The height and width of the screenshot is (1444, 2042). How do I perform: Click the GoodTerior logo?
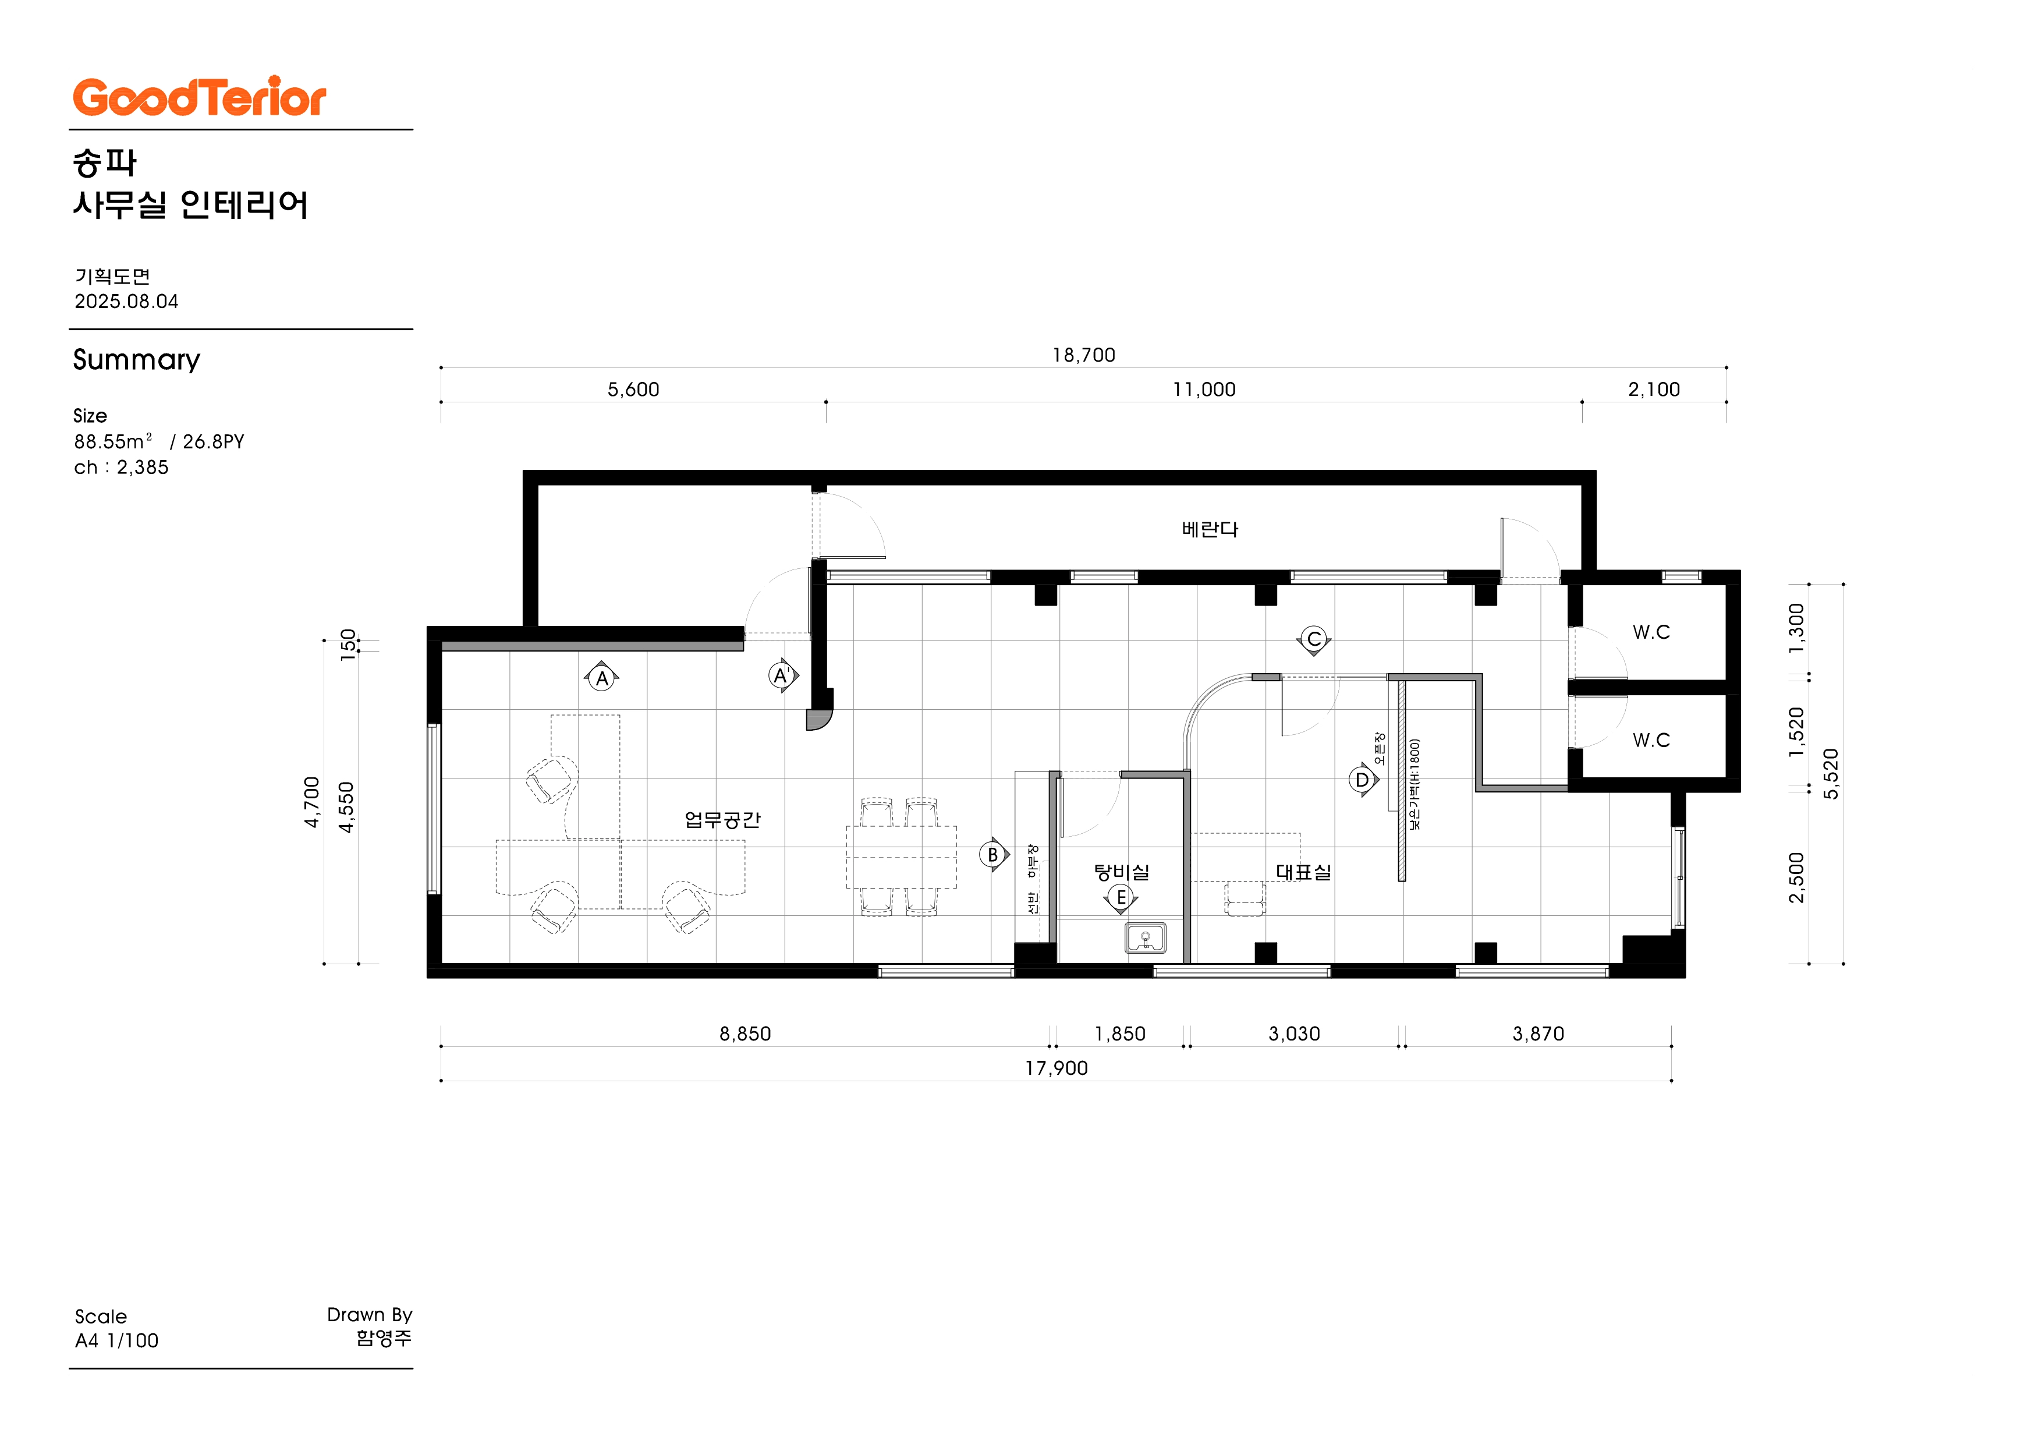pyautogui.click(x=199, y=97)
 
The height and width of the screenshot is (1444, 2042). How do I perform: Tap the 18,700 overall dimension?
pyautogui.click(x=1083, y=355)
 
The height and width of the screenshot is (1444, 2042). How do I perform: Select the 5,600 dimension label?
pyautogui.click(x=633, y=390)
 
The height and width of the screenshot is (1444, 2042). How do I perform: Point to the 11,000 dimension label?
pyautogui.click(x=1204, y=390)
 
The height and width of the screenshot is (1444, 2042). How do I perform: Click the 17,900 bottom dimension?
pyautogui.click(x=1057, y=1068)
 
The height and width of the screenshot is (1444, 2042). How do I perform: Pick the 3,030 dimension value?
pyautogui.click(x=1294, y=1034)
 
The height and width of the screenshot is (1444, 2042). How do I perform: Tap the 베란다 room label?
pyautogui.click(x=1210, y=529)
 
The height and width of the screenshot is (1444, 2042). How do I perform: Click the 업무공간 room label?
pyautogui.click(x=722, y=819)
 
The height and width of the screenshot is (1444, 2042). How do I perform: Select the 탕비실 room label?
pyautogui.click(x=1122, y=872)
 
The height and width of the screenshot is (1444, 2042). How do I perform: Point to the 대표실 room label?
pyautogui.click(x=1304, y=872)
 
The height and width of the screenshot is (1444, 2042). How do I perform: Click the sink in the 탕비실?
pyautogui.click(x=1146, y=939)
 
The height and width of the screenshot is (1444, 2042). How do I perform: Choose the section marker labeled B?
pyautogui.click(x=994, y=855)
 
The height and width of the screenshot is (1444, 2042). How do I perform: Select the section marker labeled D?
pyautogui.click(x=1363, y=780)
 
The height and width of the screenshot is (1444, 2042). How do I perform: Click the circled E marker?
pyautogui.click(x=1121, y=898)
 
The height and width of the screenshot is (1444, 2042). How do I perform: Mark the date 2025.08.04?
pyautogui.click(x=126, y=302)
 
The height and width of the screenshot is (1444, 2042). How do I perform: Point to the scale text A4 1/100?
pyautogui.click(x=116, y=1341)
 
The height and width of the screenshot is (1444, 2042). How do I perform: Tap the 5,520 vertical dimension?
pyautogui.click(x=1830, y=774)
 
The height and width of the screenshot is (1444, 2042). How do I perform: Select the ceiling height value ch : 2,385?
pyautogui.click(x=121, y=467)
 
